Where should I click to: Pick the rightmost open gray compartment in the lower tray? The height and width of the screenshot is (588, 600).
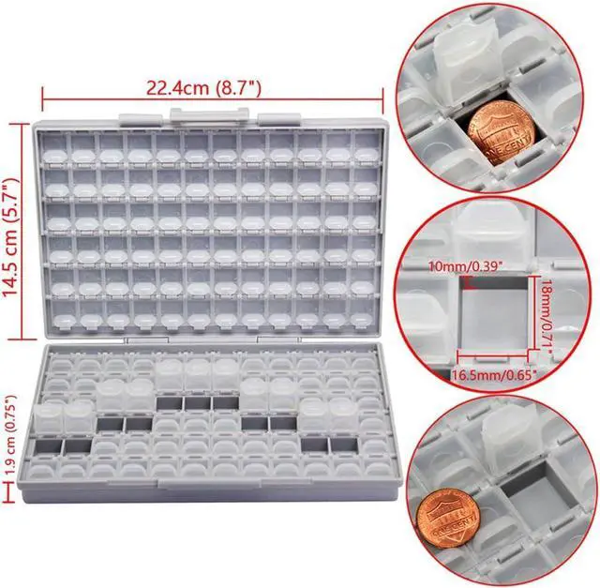point(345,443)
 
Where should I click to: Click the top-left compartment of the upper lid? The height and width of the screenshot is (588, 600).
point(54,143)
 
